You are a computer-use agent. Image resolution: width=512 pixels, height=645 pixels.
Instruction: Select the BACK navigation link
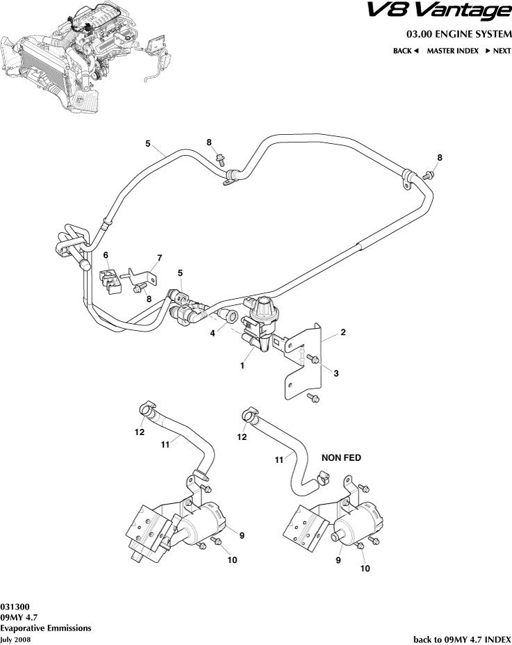[x=406, y=51]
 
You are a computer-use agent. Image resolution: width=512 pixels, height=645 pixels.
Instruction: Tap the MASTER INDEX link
[x=452, y=51]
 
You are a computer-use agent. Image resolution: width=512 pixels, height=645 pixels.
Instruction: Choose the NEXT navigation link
[x=498, y=51]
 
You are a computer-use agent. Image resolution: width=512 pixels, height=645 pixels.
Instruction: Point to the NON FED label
[x=341, y=458]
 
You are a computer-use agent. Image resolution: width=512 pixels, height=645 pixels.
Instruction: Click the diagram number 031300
[x=15, y=605]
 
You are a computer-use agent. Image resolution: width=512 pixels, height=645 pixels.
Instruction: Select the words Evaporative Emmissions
[x=46, y=628]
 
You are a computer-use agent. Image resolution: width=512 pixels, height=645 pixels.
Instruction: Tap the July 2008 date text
[x=16, y=639]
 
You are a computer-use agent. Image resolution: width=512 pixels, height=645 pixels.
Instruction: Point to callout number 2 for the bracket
[x=343, y=332]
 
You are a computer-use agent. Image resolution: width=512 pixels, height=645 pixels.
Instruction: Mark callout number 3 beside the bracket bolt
[x=336, y=373]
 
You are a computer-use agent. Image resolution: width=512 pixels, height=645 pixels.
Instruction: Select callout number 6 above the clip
[x=106, y=255]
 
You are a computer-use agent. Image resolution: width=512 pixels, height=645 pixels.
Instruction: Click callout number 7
[x=159, y=258]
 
